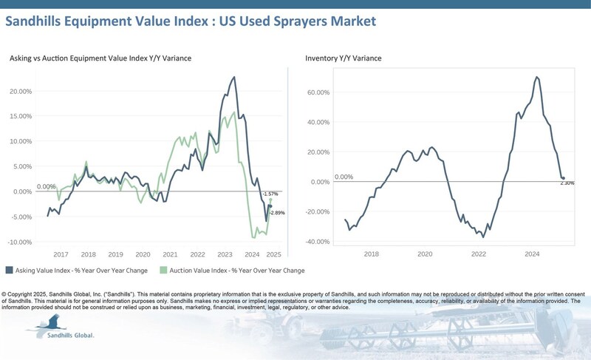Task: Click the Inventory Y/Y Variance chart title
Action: coord(344,58)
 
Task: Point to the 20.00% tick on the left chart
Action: coord(20,91)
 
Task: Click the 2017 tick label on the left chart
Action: coord(61,254)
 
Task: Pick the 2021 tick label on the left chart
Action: coord(170,254)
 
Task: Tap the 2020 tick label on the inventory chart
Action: coord(425,254)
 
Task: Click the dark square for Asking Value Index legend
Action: coord(9,271)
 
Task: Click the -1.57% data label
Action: coord(271,194)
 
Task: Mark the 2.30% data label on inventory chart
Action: coord(567,183)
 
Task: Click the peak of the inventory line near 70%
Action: coord(536,77)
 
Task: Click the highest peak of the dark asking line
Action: coord(234,76)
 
